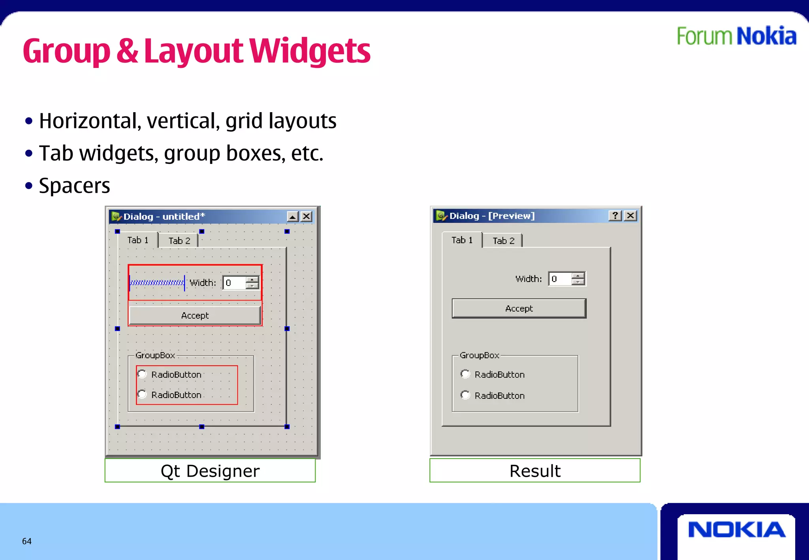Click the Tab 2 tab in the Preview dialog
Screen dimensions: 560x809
click(503, 241)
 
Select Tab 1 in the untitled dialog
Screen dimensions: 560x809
click(138, 240)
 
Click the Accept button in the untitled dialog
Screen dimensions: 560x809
click(195, 316)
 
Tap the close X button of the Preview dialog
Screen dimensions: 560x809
click(631, 216)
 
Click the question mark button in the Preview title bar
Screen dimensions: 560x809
click(615, 216)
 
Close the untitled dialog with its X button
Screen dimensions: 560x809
click(306, 216)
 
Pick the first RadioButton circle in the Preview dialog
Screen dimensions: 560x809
click(465, 374)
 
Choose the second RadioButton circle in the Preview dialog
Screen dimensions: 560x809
click(465, 395)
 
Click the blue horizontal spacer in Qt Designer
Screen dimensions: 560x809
click(157, 283)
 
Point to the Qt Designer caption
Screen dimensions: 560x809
click(210, 471)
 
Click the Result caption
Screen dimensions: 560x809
click(535, 471)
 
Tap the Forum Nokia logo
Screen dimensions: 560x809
click(736, 36)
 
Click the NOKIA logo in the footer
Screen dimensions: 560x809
click(736, 530)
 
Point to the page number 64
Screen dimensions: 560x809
click(27, 541)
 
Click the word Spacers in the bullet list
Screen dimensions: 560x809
click(74, 186)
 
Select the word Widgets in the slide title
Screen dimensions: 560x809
click(310, 51)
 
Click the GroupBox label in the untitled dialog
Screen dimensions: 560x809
click(155, 355)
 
